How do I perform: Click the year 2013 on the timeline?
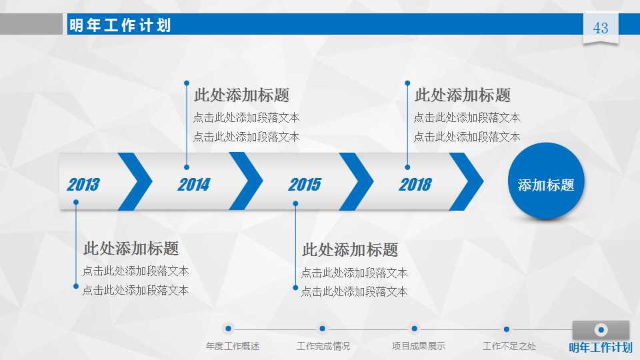83,185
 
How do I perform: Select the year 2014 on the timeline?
193,185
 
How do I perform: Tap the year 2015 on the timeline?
304,185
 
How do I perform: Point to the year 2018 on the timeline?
415,185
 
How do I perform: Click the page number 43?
601,28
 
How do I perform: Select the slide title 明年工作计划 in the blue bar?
120,25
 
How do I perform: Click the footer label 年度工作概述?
233,346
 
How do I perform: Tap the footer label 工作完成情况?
323,346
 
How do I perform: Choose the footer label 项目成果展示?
418,346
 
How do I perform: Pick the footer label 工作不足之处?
509,346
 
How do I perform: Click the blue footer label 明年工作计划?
600,347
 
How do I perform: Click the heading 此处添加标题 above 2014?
241,95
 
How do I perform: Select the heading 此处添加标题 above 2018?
462,95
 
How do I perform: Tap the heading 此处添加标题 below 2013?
131,249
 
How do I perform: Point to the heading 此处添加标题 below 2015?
350,250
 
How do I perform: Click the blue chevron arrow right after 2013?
136,181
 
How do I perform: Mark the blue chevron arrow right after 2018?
467,181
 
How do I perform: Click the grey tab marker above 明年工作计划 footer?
601,329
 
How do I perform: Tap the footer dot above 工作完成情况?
322,329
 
